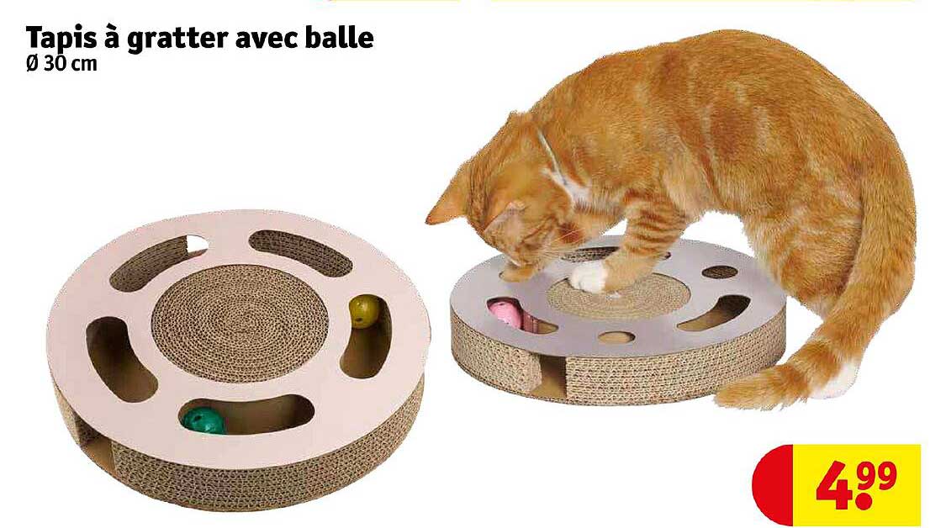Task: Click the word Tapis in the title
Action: tap(60, 40)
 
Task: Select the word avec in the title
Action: tap(261, 40)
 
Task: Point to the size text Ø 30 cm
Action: tap(61, 65)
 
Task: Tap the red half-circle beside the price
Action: tap(772, 486)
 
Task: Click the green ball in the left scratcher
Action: tap(203, 420)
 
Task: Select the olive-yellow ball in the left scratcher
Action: tap(364, 310)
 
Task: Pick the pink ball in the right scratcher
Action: tap(506, 313)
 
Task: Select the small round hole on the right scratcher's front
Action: tap(615, 337)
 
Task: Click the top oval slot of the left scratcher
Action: tap(301, 251)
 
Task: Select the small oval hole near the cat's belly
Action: tap(719, 272)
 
